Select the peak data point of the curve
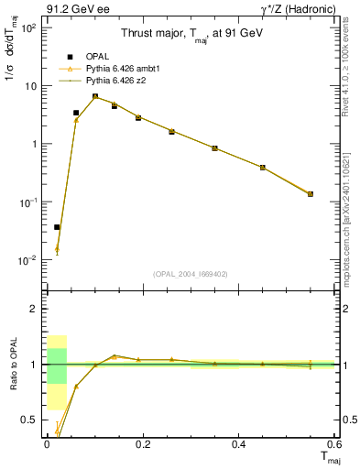click(x=95, y=96)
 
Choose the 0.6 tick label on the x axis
click(x=333, y=444)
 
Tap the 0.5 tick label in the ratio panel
click(x=29, y=420)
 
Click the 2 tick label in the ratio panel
click(x=33, y=310)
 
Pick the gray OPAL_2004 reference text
click(x=189, y=273)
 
